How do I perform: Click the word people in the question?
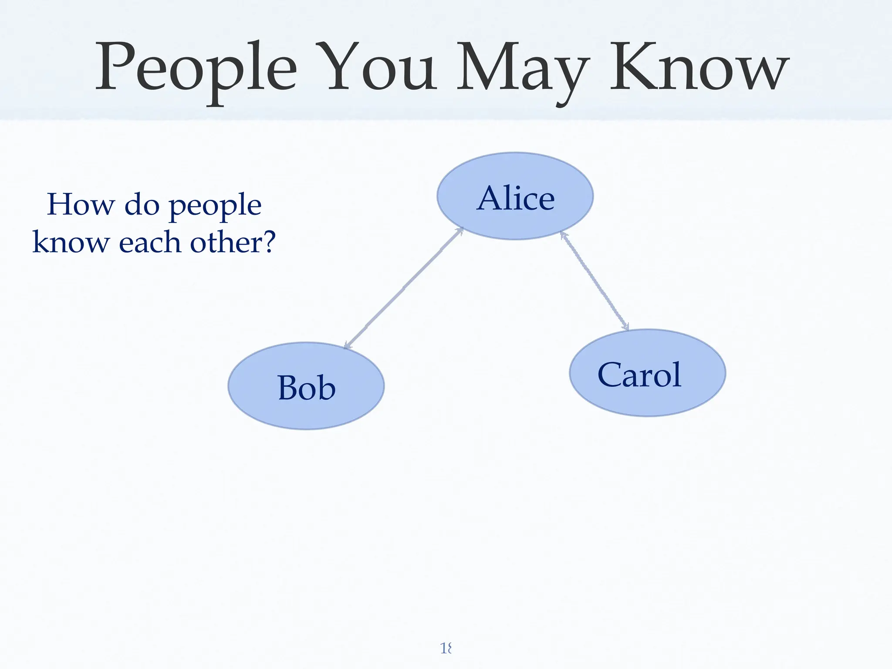pyautogui.click(x=215, y=206)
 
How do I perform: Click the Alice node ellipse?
pyautogui.click(x=515, y=196)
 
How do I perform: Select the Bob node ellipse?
pyautogui.click(x=306, y=386)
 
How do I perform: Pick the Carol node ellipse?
pyautogui.click(x=648, y=373)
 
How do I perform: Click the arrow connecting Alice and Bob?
pyautogui.click(x=404, y=288)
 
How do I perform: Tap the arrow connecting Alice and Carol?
pyautogui.click(x=595, y=281)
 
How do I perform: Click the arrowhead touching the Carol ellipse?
pyautogui.click(x=625, y=327)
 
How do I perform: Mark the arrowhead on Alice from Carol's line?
pyautogui.click(x=563, y=235)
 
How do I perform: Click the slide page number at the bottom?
pyautogui.click(x=446, y=649)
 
